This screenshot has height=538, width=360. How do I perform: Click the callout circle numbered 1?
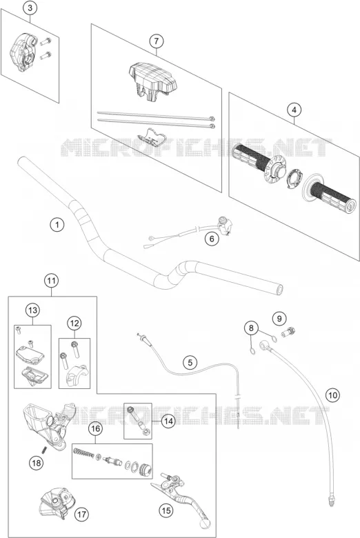pos(57,225)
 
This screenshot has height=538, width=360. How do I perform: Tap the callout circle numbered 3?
pos(30,8)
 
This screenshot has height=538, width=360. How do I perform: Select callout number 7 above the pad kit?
pos(157,41)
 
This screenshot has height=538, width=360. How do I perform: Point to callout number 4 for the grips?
pos(294,110)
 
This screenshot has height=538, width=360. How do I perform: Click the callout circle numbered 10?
pos(332,395)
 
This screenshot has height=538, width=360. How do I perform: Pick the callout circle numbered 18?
pos(36,464)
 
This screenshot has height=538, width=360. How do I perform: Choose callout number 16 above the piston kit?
pos(95,428)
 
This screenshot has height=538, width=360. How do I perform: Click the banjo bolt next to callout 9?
pos(288,332)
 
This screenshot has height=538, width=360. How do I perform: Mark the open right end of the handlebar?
pos(279,290)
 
